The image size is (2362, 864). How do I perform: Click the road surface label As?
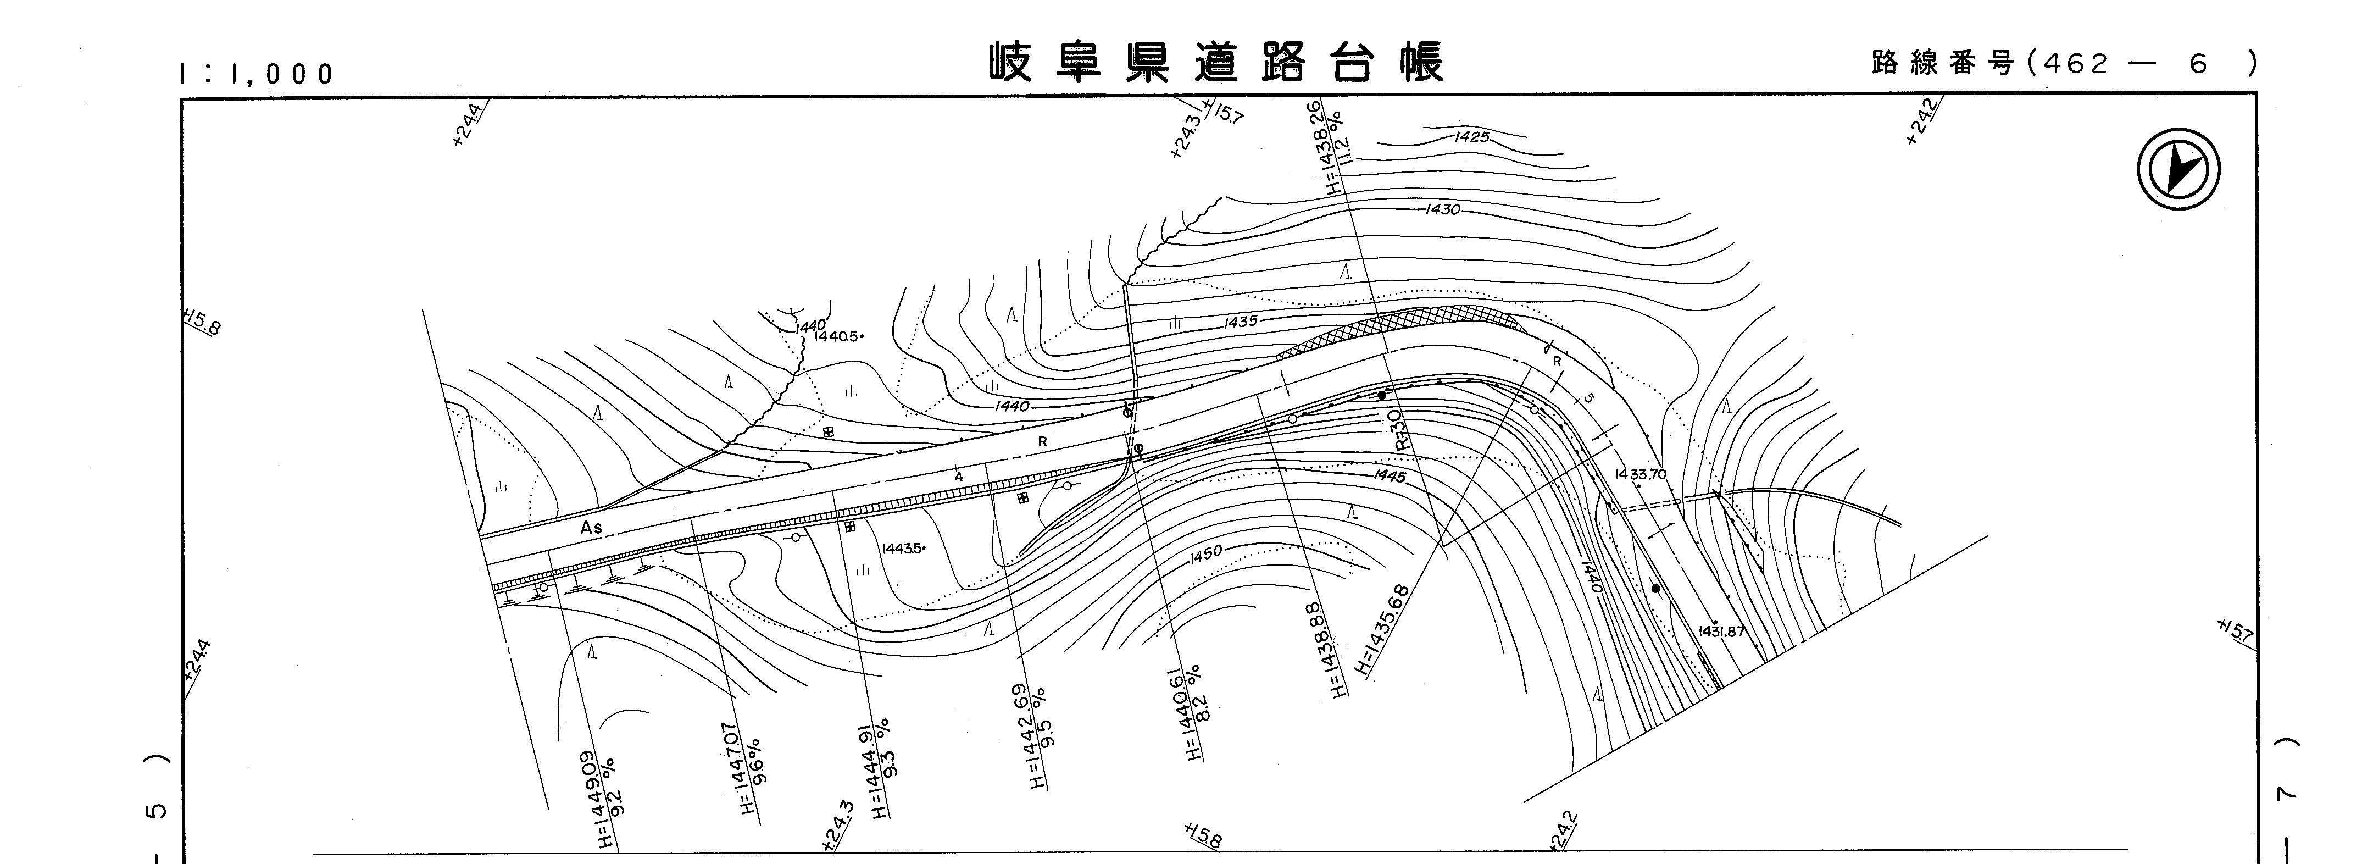point(591,528)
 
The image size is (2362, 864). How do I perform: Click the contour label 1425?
point(1471,137)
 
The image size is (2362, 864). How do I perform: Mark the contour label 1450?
point(1207,553)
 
